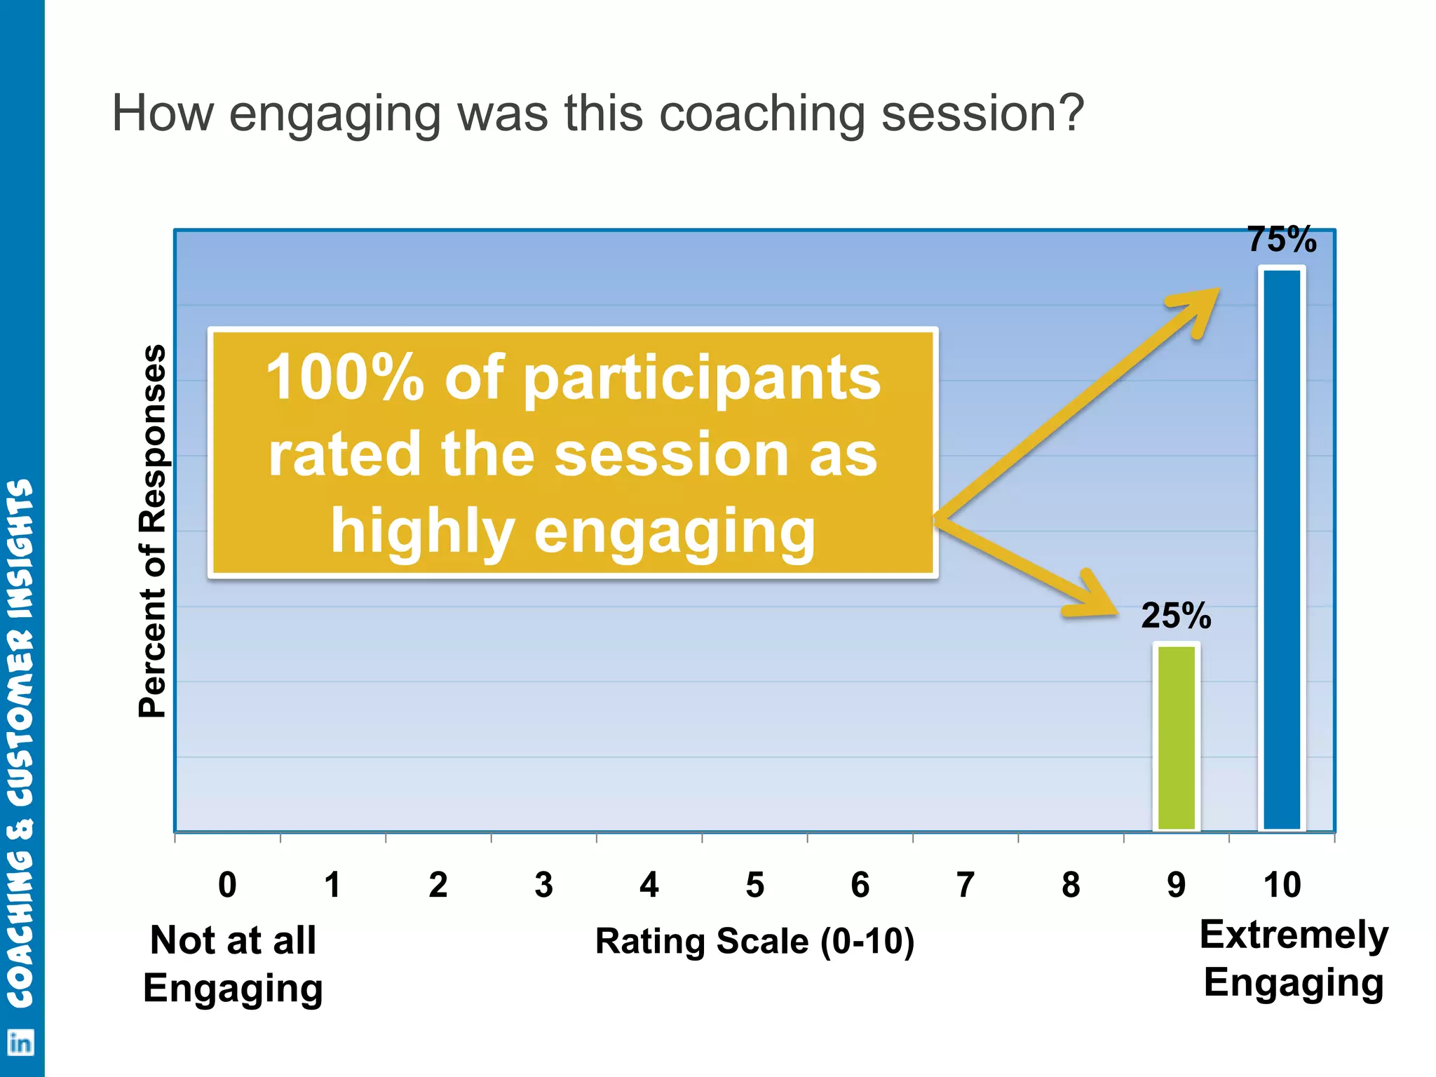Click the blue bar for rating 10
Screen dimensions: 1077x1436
click(1282, 550)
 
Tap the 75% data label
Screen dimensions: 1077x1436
click(1282, 240)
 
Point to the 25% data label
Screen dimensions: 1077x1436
click(1176, 616)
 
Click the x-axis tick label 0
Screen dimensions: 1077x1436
click(227, 885)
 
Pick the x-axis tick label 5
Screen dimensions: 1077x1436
click(754, 885)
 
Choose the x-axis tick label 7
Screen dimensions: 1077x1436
click(966, 885)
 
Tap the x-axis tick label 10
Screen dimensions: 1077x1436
click(1282, 885)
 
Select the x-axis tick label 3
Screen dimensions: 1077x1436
click(543, 885)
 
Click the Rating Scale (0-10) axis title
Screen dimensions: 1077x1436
click(754, 941)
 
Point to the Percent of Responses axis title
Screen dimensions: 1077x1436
click(153, 531)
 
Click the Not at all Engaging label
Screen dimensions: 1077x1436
click(233, 964)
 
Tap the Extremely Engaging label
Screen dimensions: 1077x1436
click(1294, 959)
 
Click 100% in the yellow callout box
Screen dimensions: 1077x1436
click(345, 379)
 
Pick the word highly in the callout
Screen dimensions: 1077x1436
click(423, 531)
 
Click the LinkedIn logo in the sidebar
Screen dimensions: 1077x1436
click(20, 1043)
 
